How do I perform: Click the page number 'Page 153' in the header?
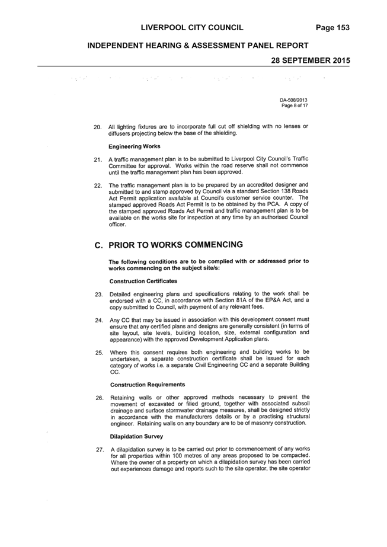point(332,28)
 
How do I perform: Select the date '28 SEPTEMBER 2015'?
point(311,60)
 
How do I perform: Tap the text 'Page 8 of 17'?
point(295,105)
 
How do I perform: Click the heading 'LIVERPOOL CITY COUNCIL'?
point(192,28)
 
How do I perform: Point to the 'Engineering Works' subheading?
point(135,146)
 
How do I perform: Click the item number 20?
point(98,127)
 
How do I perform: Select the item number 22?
point(98,185)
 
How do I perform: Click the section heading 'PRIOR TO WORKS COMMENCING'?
point(176,245)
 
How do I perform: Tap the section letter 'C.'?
point(99,245)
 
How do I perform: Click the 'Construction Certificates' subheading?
point(143,281)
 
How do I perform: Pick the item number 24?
point(99,320)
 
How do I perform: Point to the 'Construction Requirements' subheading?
point(148,385)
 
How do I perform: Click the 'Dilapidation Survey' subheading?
point(136,436)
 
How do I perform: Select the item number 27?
point(100,450)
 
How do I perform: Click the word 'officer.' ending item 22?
point(117,225)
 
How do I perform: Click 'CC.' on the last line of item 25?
point(115,372)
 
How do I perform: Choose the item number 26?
point(100,398)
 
